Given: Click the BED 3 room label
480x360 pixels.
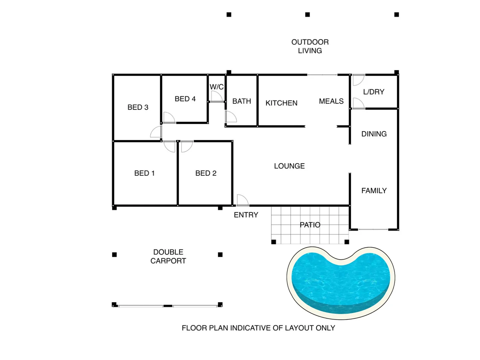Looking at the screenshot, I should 138,107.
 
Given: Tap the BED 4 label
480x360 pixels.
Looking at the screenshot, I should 185,99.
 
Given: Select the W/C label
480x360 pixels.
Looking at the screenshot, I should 217,87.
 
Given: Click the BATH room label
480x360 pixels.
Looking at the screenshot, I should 241,101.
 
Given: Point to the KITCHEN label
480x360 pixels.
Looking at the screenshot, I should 281,103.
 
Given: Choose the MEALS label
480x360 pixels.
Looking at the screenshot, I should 331,101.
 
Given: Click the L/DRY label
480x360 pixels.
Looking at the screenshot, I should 373,92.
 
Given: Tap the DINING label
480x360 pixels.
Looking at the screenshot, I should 374,134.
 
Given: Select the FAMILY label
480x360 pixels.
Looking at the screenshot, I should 374,191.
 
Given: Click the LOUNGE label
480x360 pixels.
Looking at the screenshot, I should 289,166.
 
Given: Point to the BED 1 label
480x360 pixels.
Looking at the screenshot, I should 144,173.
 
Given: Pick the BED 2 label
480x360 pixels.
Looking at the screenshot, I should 206,173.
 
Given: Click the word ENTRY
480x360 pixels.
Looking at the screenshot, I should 246,215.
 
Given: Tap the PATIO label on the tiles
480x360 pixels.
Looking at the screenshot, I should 310,225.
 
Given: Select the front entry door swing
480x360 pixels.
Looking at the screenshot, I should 242,201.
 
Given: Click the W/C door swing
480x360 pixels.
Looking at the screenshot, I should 217,97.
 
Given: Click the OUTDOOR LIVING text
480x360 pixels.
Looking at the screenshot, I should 310,46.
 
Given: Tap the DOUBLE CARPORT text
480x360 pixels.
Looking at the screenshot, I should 168,256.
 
